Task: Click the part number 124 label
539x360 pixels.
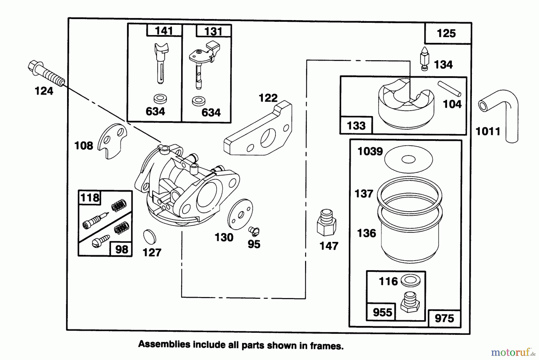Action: [x=44, y=91]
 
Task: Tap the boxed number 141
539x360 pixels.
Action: [x=164, y=31]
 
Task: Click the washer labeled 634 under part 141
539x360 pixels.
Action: [x=159, y=98]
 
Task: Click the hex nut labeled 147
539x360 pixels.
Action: [x=326, y=224]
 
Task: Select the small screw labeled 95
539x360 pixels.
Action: [x=254, y=231]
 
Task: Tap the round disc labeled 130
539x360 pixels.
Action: [x=240, y=214]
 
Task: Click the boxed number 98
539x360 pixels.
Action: [x=121, y=249]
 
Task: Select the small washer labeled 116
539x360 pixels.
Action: [x=410, y=281]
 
